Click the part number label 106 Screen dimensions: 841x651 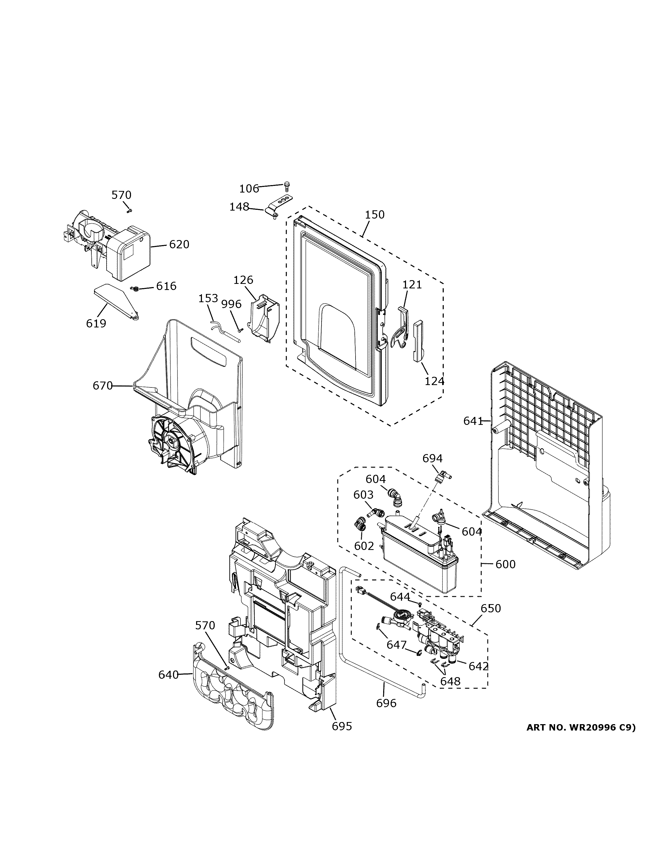point(249,189)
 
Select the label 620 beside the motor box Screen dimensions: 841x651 point(179,245)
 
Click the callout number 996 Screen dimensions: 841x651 point(231,304)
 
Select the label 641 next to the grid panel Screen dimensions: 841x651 point(473,421)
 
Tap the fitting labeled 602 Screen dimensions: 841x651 point(360,524)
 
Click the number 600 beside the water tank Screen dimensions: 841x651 point(505,565)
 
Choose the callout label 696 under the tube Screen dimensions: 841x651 point(386,703)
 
